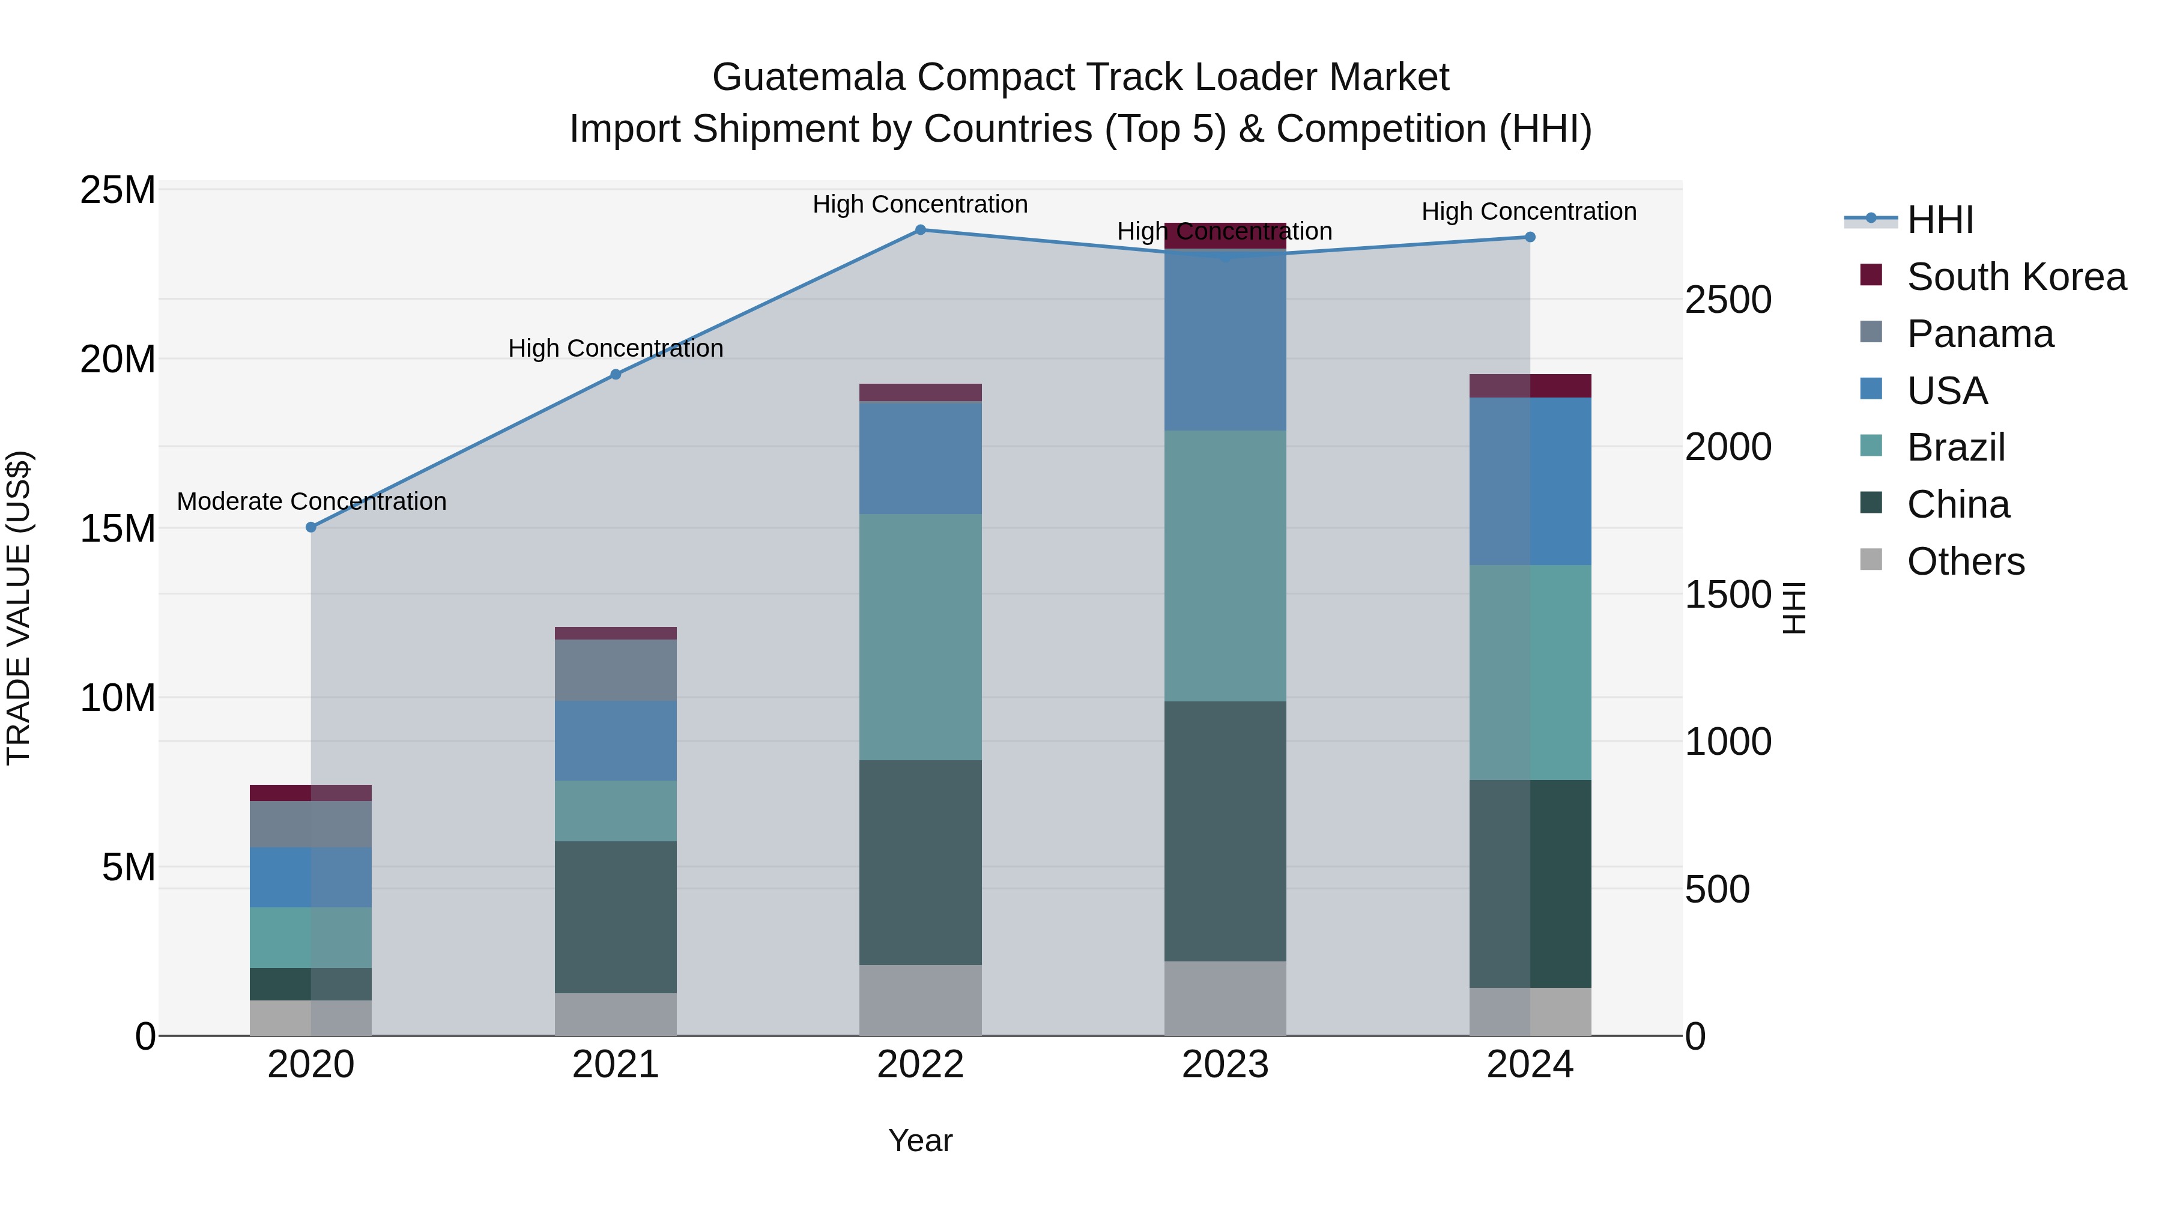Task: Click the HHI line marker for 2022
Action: [920, 230]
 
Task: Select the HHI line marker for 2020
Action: [310, 527]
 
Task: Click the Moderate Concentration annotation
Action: [311, 501]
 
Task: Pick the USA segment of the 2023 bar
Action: [1225, 340]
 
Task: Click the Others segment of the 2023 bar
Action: [1225, 998]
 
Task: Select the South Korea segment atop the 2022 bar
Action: [920, 392]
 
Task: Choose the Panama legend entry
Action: [1980, 334]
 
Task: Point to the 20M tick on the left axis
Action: [118, 359]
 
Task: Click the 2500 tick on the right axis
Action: [1728, 300]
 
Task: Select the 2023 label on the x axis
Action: [1225, 1065]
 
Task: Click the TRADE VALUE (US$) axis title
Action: [19, 608]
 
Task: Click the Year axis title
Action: [920, 1140]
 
